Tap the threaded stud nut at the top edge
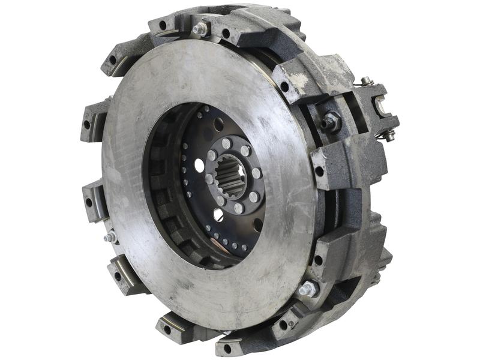coord(200,28)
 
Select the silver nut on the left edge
coord(110,238)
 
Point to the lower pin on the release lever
coord(389,137)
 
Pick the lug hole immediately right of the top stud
coord(226,34)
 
